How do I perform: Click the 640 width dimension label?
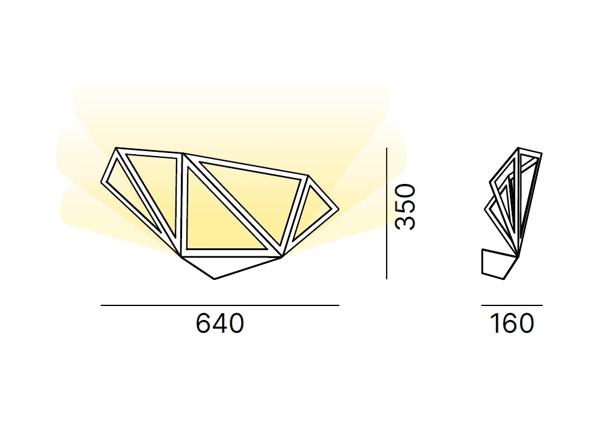(220, 323)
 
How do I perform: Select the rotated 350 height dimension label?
(406, 207)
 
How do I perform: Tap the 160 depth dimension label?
(512, 323)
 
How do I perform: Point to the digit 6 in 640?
(203, 323)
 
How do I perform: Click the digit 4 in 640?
(220, 323)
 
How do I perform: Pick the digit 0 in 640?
(237, 323)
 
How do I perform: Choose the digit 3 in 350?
(406, 223)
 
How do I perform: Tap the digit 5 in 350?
(406, 207)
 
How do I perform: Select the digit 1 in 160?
(495, 323)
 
